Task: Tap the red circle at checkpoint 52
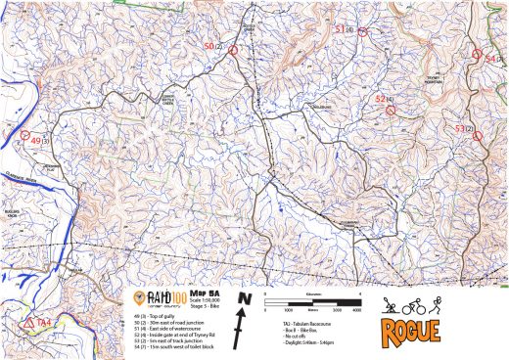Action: point(391,111)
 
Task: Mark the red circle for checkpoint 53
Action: point(478,137)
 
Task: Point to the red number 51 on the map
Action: point(340,29)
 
